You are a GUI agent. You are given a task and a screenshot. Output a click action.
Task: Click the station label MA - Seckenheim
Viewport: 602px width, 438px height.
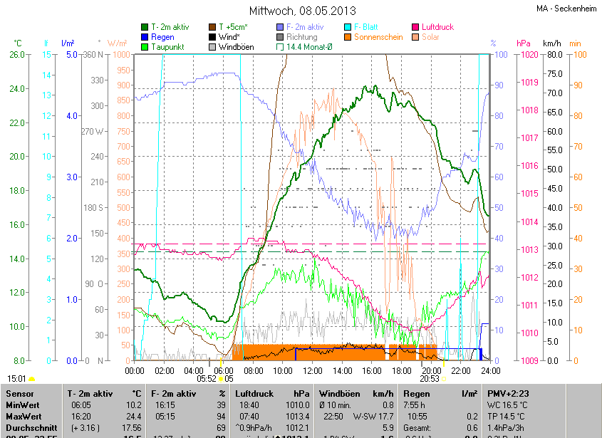pyautogui.click(x=567, y=9)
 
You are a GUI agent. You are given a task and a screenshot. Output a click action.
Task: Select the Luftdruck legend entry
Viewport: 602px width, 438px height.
pyautogui.click(x=437, y=27)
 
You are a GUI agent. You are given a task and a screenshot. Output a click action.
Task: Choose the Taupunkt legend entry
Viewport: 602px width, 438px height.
pyautogui.click(x=168, y=47)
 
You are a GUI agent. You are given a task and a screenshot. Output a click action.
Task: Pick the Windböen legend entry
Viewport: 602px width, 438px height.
pyautogui.click(x=237, y=47)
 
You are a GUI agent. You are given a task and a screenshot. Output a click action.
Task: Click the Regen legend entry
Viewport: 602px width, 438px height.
pyautogui.click(x=163, y=37)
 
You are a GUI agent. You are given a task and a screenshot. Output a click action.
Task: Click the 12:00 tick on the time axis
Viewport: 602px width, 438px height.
pyautogui.click(x=313, y=370)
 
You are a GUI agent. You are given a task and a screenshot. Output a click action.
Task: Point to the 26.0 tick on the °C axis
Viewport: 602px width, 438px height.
pyautogui.click(x=17, y=55)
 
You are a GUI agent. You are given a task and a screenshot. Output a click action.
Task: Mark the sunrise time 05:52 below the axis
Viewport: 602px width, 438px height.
pyautogui.click(x=207, y=380)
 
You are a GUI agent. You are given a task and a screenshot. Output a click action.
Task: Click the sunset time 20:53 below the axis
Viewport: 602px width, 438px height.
pyautogui.click(x=430, y=380)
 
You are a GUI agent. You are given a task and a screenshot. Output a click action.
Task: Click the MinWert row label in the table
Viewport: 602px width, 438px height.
pyautogui.click(x=22, y=405)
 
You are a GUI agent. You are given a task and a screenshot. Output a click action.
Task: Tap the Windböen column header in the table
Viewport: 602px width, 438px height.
pyautogui.click(x=338, y=393)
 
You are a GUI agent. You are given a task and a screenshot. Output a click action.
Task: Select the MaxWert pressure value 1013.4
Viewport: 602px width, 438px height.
pyautogui.click(x=298, y=415)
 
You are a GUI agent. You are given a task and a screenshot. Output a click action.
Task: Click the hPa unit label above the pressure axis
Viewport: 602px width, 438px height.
pyautogui.click(x=524, y=43)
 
